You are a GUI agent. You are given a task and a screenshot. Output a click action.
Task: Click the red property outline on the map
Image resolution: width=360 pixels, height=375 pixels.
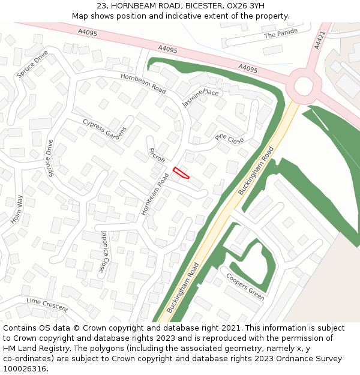point(181,173)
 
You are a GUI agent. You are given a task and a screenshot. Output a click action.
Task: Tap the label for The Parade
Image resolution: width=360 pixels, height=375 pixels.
point(281,35)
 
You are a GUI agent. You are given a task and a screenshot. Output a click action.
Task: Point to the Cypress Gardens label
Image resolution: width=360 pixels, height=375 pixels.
point(105,131)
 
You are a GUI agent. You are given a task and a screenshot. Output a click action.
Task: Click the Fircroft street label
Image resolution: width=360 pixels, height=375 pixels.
point(156,155)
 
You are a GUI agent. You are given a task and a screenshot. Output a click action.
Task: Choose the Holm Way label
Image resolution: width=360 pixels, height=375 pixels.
point(16,209)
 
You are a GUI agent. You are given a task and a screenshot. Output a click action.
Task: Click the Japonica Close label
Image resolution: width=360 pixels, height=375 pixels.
point(104,251)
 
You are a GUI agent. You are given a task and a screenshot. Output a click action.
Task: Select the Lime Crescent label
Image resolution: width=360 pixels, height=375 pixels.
point(47,304)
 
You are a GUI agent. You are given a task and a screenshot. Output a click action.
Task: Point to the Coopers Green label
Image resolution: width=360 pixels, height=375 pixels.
point(245,287)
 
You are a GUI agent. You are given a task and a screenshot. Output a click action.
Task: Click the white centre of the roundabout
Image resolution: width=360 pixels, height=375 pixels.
point(303,86)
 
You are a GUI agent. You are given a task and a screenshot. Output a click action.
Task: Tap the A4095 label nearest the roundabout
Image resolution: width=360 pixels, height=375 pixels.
point(247,70)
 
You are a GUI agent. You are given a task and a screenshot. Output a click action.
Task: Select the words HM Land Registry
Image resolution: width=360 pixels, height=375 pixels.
point(32,349)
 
